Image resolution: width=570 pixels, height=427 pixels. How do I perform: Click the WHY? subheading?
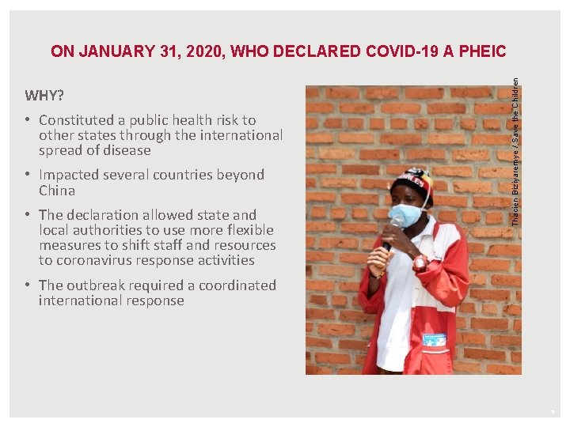pos(44,96)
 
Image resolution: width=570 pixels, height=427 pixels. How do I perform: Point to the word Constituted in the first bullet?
pos(77,120)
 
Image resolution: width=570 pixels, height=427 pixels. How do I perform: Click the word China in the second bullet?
pos(57,191)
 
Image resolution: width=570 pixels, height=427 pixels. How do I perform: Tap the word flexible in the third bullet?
pos(248,230)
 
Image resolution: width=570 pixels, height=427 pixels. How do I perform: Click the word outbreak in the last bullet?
pos(94,285)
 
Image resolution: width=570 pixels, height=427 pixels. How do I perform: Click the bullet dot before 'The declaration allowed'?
pos(28,215)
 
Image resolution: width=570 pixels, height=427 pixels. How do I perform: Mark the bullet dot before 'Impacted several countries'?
pos(28,175)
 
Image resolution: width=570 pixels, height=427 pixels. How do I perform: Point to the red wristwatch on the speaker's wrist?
pos(420,261)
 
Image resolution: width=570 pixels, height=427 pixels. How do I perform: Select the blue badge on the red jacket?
pos(434,339)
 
